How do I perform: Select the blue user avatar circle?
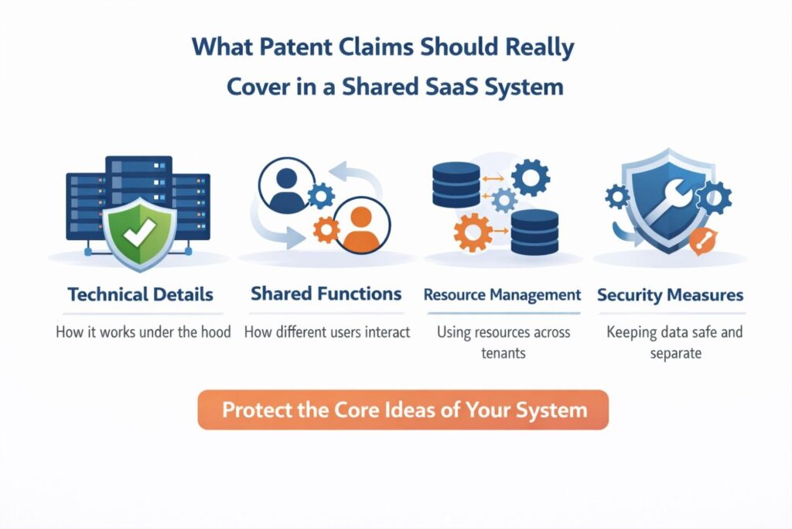288,189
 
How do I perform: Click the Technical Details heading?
140,294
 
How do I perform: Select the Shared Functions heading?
326,294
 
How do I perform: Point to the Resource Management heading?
503,294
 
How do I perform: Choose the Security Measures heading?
670,294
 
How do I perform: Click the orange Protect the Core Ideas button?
404,410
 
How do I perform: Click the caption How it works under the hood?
143,332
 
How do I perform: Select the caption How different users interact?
327,332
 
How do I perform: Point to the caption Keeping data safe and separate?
674,342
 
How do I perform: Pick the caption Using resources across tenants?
504,342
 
